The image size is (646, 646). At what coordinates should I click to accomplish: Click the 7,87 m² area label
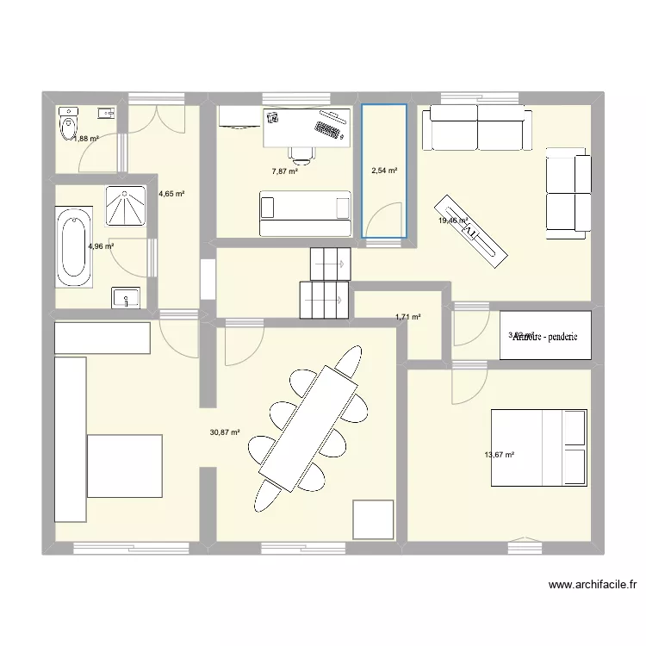tap(284, 171)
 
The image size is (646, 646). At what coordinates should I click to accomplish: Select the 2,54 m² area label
tap(383, 171)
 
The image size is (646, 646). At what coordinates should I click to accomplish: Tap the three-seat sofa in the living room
tap(475, 127)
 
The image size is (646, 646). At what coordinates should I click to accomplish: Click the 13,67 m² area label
tap(500, 456)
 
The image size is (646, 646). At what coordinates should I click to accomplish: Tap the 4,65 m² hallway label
tap(172, 194)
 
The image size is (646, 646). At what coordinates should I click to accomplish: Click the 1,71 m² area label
tap(408, 317)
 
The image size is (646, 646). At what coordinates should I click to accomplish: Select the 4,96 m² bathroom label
tap(101, 246)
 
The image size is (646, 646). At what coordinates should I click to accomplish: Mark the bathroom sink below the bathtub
tap(126, 298)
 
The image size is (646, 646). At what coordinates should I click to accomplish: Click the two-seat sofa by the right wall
tap(567, 193)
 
